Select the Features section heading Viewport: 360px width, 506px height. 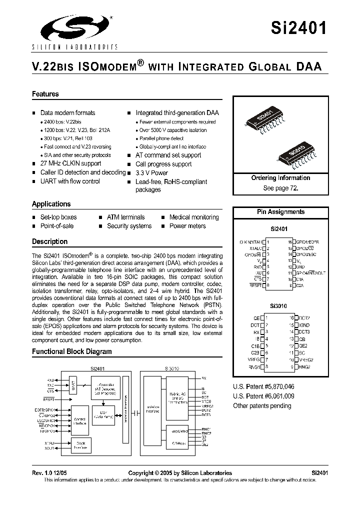point(45,94)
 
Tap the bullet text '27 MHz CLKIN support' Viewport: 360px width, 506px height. point(70,163)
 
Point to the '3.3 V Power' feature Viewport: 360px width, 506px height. point(151,172)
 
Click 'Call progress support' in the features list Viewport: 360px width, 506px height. point(163,164)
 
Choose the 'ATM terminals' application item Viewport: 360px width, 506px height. point(125,217)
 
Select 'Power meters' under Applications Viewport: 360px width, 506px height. point(187,226)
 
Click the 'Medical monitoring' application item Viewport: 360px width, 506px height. point(194,217)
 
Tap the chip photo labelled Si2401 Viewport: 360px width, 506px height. point(267,120)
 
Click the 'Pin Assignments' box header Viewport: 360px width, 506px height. point(280,212)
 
